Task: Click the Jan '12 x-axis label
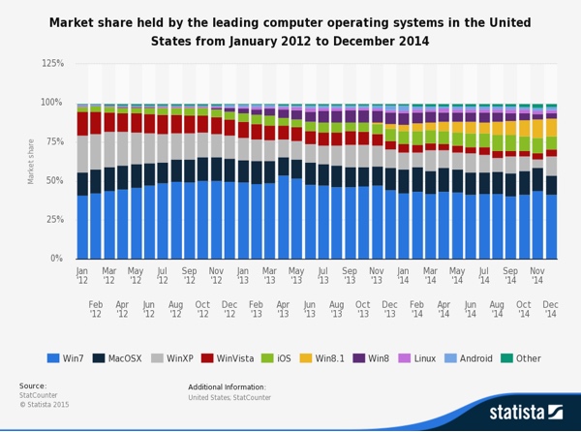point(82,277)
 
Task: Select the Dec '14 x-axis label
point(550,310)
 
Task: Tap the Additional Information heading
point(228,386)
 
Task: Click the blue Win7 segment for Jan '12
point(82,227)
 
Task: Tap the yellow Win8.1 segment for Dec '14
point(550,127)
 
